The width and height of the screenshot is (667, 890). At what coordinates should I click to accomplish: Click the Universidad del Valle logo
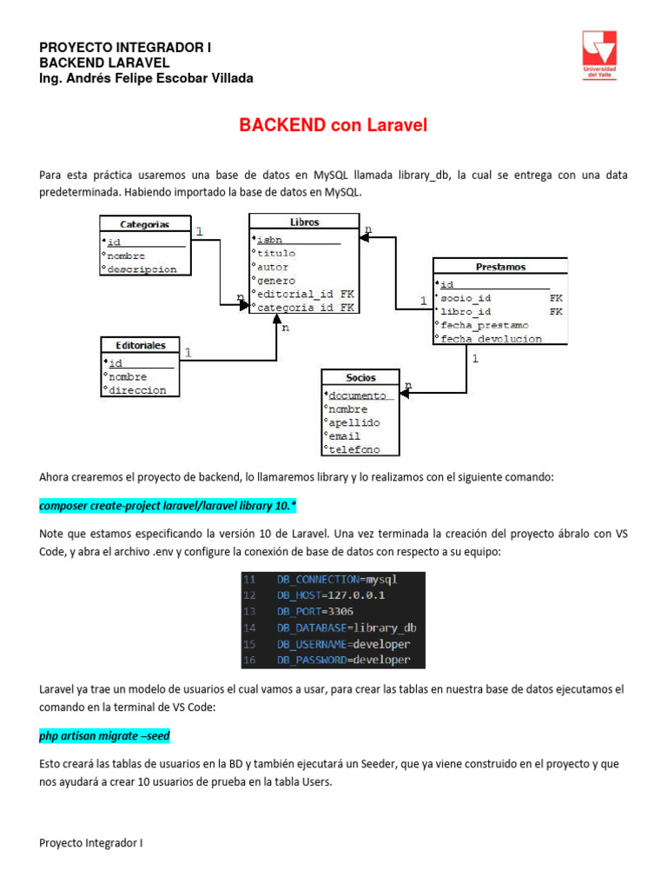(598, 55)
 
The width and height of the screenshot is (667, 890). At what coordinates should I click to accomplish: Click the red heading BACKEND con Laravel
(333, 126)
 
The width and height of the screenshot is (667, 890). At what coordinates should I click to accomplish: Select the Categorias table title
(144, 224)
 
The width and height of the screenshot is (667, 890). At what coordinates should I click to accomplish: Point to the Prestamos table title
(500, 267)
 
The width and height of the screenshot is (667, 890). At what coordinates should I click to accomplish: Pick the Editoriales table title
(140, 344)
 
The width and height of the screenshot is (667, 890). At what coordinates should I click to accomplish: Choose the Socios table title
(360, 377)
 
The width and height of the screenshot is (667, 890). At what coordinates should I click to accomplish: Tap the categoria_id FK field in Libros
(304, 308)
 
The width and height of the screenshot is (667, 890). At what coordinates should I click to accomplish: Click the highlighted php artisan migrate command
(104, 736)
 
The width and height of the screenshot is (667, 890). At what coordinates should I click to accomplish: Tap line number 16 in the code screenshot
(249, 661)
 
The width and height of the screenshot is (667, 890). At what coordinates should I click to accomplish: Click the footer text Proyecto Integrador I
(90, 843)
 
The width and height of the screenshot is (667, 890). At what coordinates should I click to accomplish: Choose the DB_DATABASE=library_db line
(347, 628)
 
